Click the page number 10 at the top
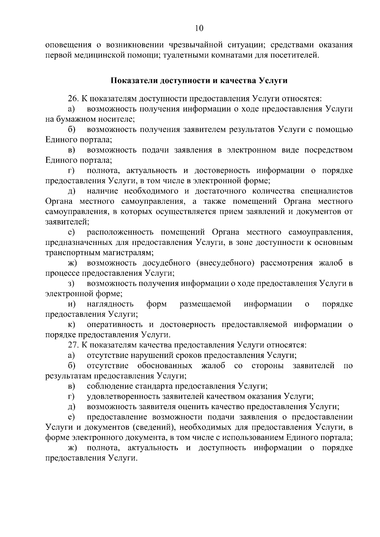199,28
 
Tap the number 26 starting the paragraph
72,99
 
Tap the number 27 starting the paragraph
72,345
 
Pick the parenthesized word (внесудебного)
225,263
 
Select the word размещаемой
205,304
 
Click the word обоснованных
165,366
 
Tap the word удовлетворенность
124,397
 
